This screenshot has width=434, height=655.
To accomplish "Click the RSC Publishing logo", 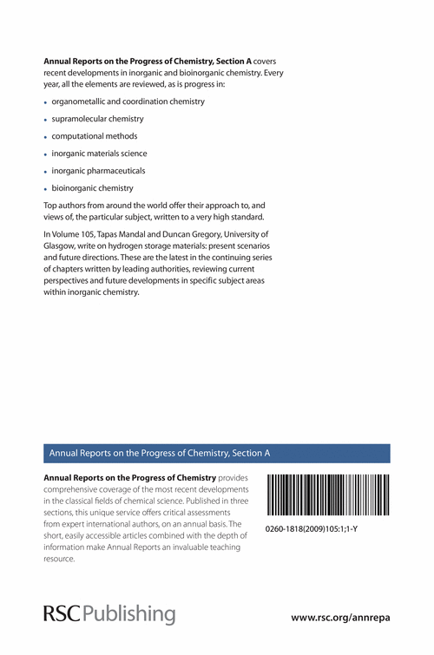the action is pyautogui.click(x=108, y=613).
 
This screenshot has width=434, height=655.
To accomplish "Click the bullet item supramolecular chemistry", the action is pyautogui.click(x=98, y=118).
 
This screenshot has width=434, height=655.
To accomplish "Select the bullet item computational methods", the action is pyautogui.click(x=95, y=136).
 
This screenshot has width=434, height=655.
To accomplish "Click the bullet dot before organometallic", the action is pyautogui.click(x=45, y=102).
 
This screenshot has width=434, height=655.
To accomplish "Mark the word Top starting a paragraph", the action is pyautogui.click(x=50, y=202).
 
